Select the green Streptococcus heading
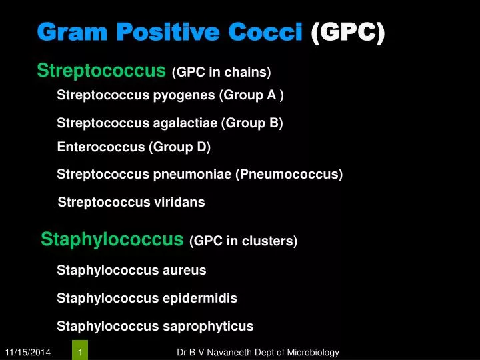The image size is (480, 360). point(101,70)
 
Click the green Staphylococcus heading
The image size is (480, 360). point(112,239)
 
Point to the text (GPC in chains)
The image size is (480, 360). point(221,72)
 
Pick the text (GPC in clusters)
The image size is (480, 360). point(243,241)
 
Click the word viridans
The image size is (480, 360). point(179,202)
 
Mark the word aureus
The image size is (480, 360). point(185,270)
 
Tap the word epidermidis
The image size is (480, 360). point(200,298)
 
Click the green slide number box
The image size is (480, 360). point(80,351)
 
